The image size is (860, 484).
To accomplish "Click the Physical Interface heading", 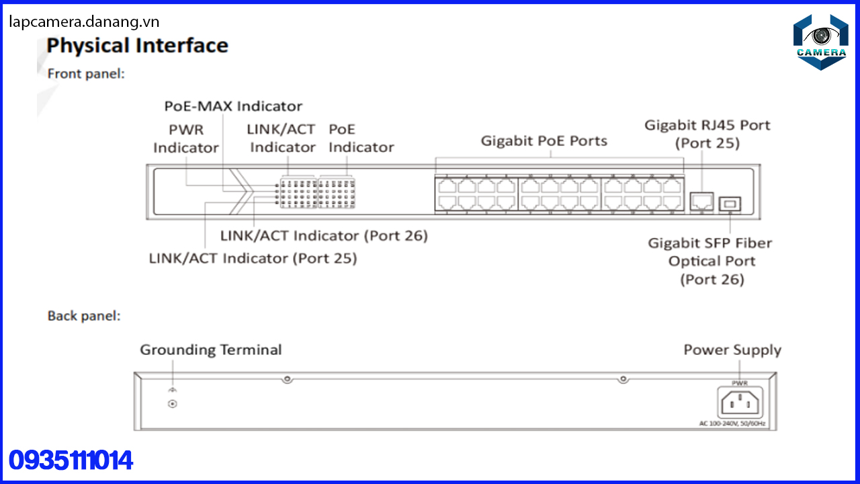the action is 138,45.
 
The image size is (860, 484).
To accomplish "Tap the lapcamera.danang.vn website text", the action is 84,22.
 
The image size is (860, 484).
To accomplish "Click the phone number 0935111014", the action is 71,460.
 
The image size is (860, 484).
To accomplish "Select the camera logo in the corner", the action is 820,42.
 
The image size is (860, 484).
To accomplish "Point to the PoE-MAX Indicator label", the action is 233,106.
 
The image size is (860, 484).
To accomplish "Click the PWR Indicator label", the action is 186,138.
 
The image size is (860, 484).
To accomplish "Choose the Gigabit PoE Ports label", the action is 544,141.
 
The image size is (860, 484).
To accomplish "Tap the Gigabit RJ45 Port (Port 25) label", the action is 707,134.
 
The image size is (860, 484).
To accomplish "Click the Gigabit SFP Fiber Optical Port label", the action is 710,261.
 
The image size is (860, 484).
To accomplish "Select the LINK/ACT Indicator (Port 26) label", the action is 324,236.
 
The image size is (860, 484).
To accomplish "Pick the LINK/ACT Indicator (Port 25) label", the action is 253,259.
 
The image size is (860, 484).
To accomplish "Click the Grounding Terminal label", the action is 211,350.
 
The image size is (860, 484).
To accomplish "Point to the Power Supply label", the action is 732,350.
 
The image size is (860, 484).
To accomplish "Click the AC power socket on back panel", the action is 740,403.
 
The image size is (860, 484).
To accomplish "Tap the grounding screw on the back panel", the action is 173,404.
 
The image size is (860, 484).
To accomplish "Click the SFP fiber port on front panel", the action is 730,204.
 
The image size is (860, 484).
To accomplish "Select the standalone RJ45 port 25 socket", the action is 702,201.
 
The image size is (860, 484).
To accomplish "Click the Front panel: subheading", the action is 86,74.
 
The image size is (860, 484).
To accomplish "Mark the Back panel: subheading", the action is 84,316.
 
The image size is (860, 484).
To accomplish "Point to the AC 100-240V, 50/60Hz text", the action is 732,424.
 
